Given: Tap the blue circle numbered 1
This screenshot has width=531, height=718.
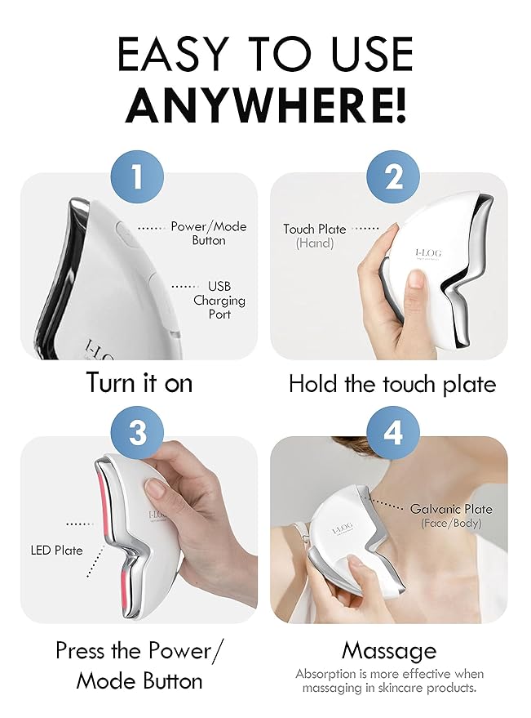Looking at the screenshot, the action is tap(137, 176).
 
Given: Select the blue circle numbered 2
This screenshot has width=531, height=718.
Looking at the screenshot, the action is tap(393, 176).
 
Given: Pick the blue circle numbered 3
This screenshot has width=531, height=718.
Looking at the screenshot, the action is tap(137, 432).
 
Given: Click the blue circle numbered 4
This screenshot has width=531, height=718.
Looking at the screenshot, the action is tap(393, 432).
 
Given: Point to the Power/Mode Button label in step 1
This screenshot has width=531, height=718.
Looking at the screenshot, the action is tap(209, 234).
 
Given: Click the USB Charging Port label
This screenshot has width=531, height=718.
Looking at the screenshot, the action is tap(219, 301).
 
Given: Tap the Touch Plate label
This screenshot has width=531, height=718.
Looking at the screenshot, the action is tap(315, 236).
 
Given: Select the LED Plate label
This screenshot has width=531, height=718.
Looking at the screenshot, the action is tap(57, 551).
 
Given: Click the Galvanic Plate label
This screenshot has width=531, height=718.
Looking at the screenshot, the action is tap(451, 515).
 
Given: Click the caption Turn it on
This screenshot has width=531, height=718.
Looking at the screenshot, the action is tap(139, 383).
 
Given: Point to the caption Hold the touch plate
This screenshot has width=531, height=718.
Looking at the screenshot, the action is tap(392, 384).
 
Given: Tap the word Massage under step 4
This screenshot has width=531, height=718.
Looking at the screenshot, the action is tap(389, 651).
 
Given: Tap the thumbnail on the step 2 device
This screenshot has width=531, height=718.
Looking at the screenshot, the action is tap(415, 279).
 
